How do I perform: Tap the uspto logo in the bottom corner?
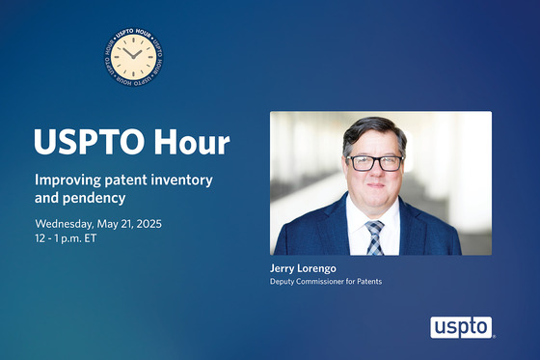[x=461, y=327]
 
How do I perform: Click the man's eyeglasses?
[x=374, y=162]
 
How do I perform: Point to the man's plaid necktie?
[x=374, y=236]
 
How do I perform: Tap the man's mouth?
[x=374, y=191]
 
